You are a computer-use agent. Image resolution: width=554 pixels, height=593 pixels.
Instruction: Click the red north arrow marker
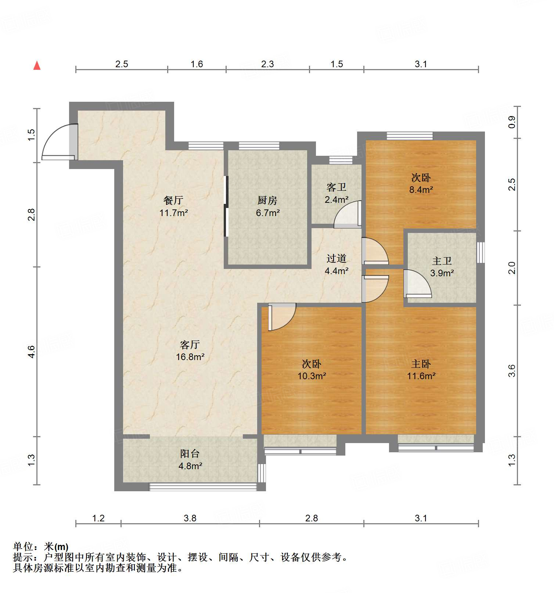[x=37, y=65]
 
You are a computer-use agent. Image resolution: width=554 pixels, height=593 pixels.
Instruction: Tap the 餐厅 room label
[x=173, y=200]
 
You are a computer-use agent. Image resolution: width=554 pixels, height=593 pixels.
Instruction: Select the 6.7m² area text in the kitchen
[x=268, y=213]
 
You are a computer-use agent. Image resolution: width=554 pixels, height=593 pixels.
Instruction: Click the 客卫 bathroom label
[x=336, y=187]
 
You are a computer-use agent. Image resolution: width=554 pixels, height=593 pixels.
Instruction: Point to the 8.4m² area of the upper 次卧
[x=421, y=190]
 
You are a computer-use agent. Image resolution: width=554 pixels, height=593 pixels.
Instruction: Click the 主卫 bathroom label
[x=442, y=261]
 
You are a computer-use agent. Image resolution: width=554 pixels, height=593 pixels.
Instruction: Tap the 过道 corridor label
[x=336, y=258]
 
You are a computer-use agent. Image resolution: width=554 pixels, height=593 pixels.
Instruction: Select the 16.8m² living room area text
[x=190, y=357]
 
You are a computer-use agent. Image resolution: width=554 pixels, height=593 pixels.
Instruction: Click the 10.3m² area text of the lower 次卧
[x=312, y=376]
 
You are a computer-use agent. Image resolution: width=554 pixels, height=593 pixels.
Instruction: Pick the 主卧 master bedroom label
[x=421, y=364]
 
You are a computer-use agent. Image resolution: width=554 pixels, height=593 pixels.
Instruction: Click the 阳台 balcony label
[x=190, y=453]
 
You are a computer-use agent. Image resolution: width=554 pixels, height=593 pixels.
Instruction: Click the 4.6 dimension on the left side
[x=32, y=352]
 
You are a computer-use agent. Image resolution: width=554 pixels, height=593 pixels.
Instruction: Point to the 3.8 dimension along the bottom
[x=190, y=518]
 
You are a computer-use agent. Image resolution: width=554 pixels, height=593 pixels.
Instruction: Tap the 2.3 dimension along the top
[x=267, y=64]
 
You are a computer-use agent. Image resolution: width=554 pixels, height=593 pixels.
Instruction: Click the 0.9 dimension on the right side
[x=512, y=122]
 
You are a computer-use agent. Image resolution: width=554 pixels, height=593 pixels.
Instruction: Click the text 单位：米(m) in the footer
[x=41, y=547]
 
